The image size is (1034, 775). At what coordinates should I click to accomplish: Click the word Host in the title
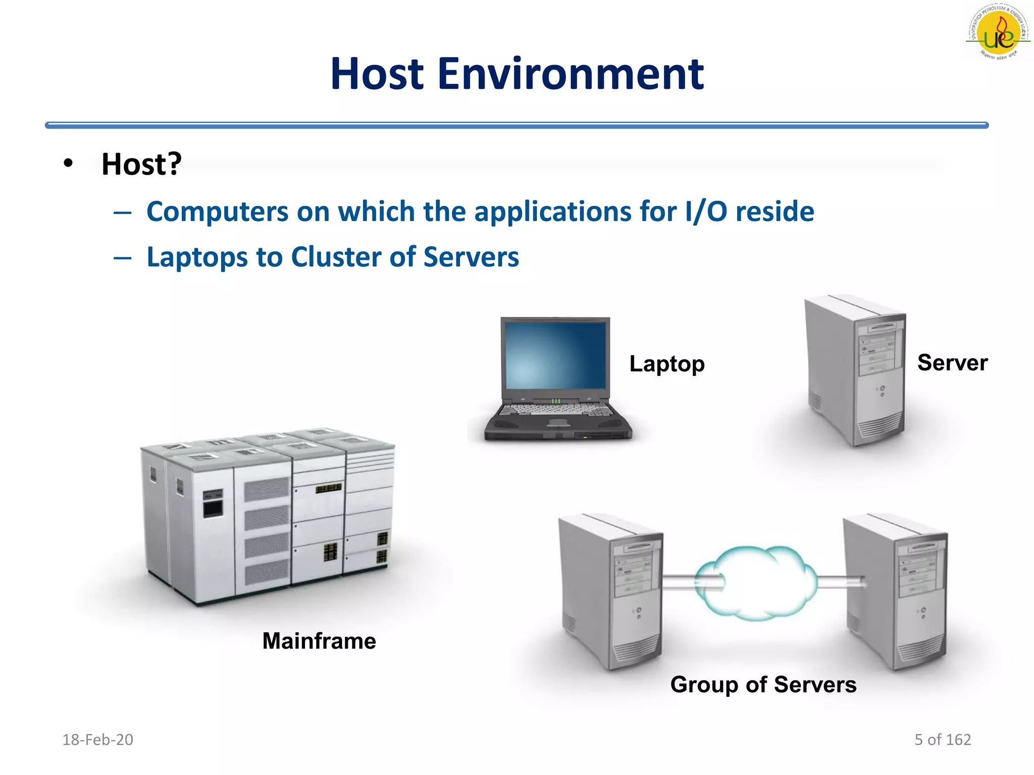(x=377, y=74)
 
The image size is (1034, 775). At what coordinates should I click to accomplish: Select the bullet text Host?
(x=141, y=164)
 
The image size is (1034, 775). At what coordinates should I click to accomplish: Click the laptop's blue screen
(x=555, y=355)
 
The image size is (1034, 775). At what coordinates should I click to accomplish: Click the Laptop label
(x=666, y=364)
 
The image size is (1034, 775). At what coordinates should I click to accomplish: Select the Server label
(x=952, y=362)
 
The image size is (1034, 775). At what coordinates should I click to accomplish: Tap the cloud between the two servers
(x=756, y=584)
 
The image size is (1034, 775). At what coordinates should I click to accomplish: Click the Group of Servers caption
(x=763, y=685)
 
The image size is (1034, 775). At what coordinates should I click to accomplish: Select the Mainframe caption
(x=319, y=641)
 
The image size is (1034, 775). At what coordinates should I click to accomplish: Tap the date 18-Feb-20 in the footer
(x=97, y=740)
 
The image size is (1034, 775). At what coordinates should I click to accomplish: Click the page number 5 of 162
(x=943, y=740)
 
